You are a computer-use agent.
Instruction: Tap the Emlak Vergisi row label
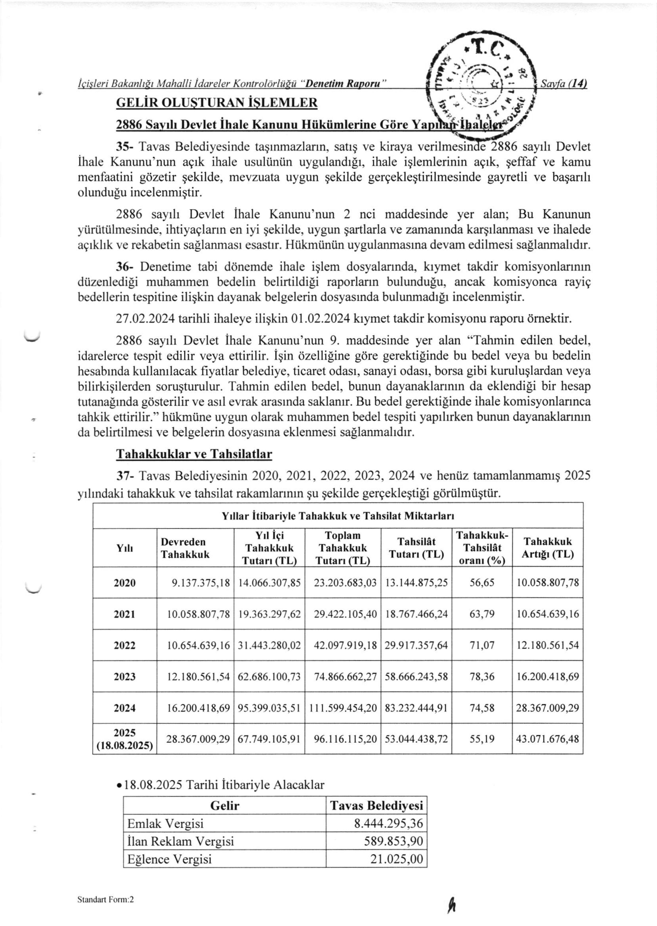(x=165, y=824)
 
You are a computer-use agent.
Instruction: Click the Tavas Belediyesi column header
(x=376, y=805)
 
